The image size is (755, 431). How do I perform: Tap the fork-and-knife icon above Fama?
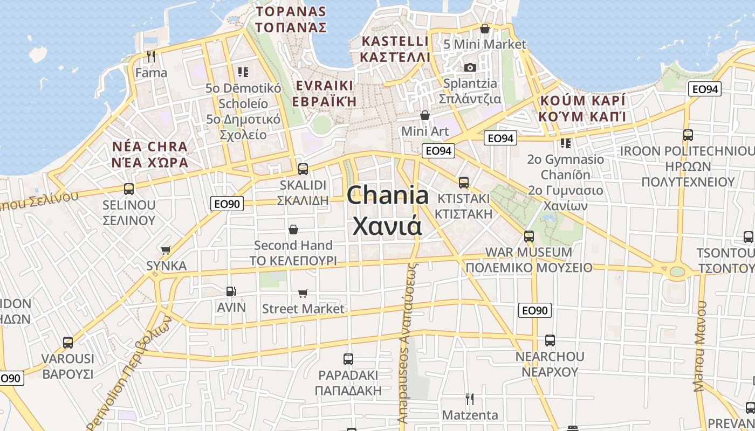(x=151, y=56)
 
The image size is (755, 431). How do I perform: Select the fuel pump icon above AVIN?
(x=231, y=291)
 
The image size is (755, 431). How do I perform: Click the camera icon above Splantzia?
(x=470, y=67)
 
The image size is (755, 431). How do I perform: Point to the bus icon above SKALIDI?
(x=303, y=169)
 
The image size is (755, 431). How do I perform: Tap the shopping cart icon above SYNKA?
(x=166, y=250)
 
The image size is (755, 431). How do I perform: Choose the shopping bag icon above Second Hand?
(x=293, y=230)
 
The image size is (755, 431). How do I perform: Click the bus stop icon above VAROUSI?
(x=68, y=343)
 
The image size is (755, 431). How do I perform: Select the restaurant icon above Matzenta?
(x=470, y=399)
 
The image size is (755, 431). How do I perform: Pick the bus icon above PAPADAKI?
(x=348, y=359)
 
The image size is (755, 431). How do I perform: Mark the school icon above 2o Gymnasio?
(x=565, y=143)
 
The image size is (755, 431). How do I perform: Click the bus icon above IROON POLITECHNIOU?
(x=688, y=135)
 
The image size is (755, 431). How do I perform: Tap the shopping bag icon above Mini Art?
(x=425, y=115)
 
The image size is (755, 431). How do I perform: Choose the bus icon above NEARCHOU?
(x=550, y=340)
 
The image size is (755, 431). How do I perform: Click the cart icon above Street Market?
(x=303, y=293)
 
